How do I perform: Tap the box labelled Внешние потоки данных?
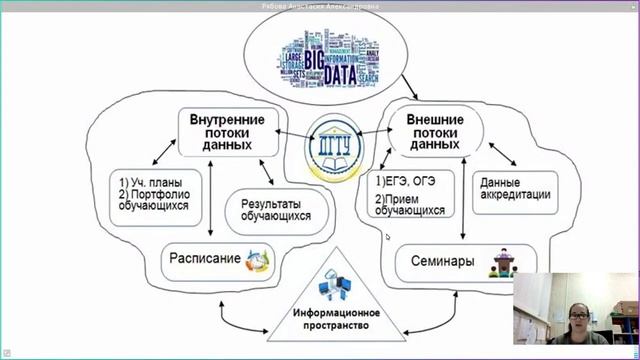pyautogui.click(x=434, y=131)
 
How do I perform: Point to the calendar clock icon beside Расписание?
pyautogui.click(x=259, y=261)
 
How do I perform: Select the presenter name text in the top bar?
pyautogui.click(x=319, y=5)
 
